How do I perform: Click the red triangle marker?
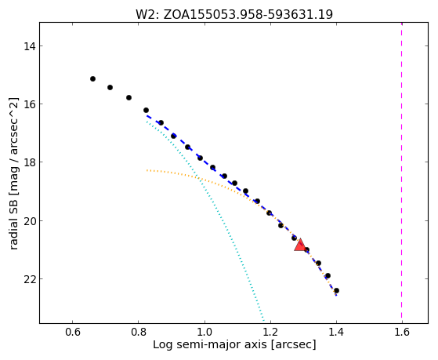[x=300, y=245]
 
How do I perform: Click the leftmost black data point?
[x=92, y=79]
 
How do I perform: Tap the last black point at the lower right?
[x=336, y=291]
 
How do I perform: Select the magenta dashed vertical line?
[x=402, y=173]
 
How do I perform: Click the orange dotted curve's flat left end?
[x=147, y=170]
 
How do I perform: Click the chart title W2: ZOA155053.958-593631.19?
[x=234, y=15]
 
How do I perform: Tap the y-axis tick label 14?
[x=30, y=45]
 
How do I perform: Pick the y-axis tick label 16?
[x=30, y=104]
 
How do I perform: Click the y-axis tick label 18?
[x=30, y=162]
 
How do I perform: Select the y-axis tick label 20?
[x=30, y=221]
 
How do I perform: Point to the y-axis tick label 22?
[x=30, y=279]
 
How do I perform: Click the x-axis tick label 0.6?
[x=73, y=332]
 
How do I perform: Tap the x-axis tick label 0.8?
[x=139, y=332]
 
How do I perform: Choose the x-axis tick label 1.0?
[x=205, y=332]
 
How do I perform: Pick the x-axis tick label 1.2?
[x=270, y=332]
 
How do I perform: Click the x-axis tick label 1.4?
[x=336, y=332]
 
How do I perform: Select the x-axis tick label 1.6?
[x=402, y=332]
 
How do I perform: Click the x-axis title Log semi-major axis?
[x=210, y=345]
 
